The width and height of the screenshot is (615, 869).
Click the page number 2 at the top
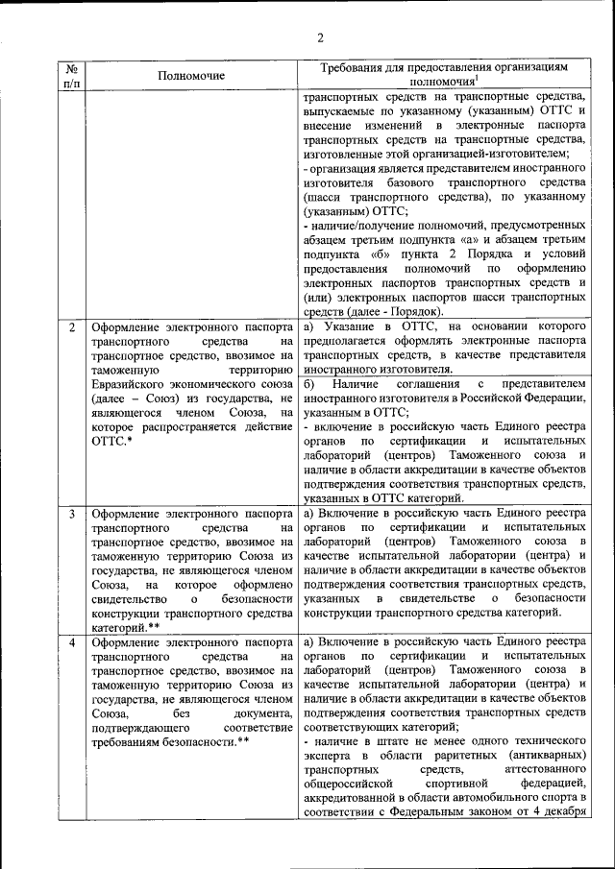[x=321, y=37]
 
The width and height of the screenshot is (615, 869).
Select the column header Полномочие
[x=189, y=75]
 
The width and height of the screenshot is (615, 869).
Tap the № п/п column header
[x=71, y=76]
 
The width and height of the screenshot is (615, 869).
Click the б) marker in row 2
[x=308, y=383]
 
